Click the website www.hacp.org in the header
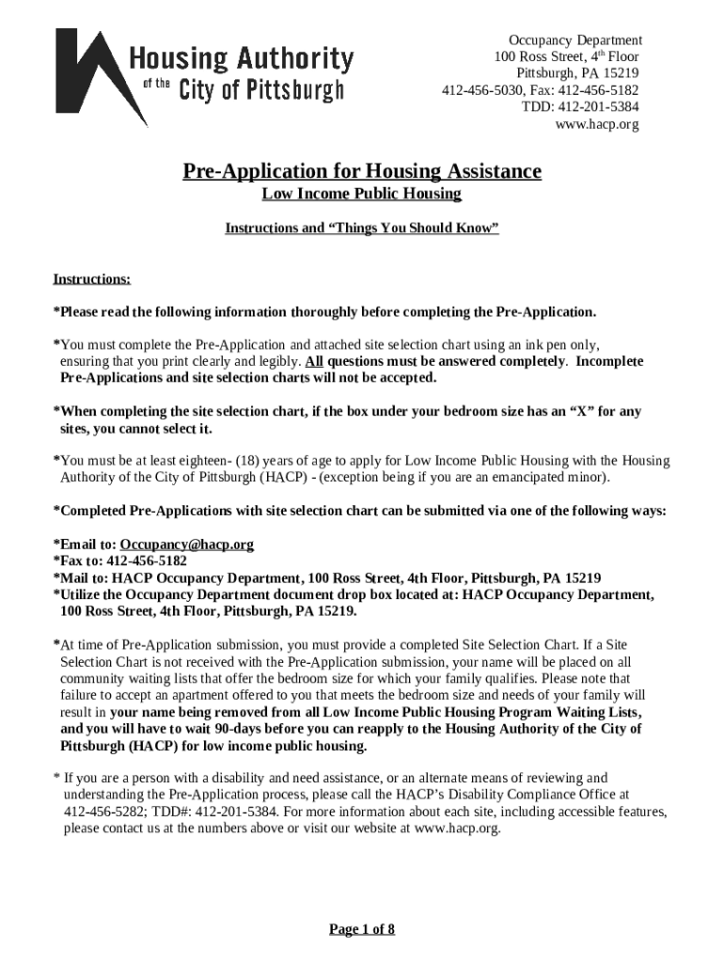(597, 124)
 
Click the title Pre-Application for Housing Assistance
(362, 171)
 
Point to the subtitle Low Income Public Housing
(362, 195)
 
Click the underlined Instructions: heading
(92, 279)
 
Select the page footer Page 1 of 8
(362, 930)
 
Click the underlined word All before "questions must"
(314, 361)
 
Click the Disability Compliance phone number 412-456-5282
(102, 812)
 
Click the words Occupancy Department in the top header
(575, 39)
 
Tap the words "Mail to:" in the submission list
(85, 577)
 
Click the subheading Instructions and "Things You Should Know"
(362, 229)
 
